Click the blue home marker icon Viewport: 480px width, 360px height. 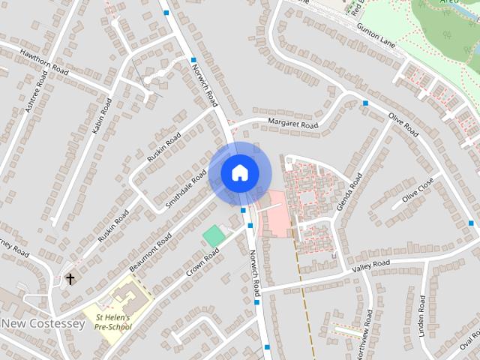[x=239, y=172]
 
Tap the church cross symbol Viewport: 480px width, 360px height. [x=70, y=279]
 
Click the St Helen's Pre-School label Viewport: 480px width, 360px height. [x=113, y=322]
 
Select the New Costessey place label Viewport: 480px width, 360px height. [x=43, y=323]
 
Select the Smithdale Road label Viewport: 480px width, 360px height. [x=186, y=188]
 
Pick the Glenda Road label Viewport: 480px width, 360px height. [x=349, y=191]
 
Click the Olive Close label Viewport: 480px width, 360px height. [x=418, y=195]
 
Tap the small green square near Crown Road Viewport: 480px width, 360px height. [x=214, y=235]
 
